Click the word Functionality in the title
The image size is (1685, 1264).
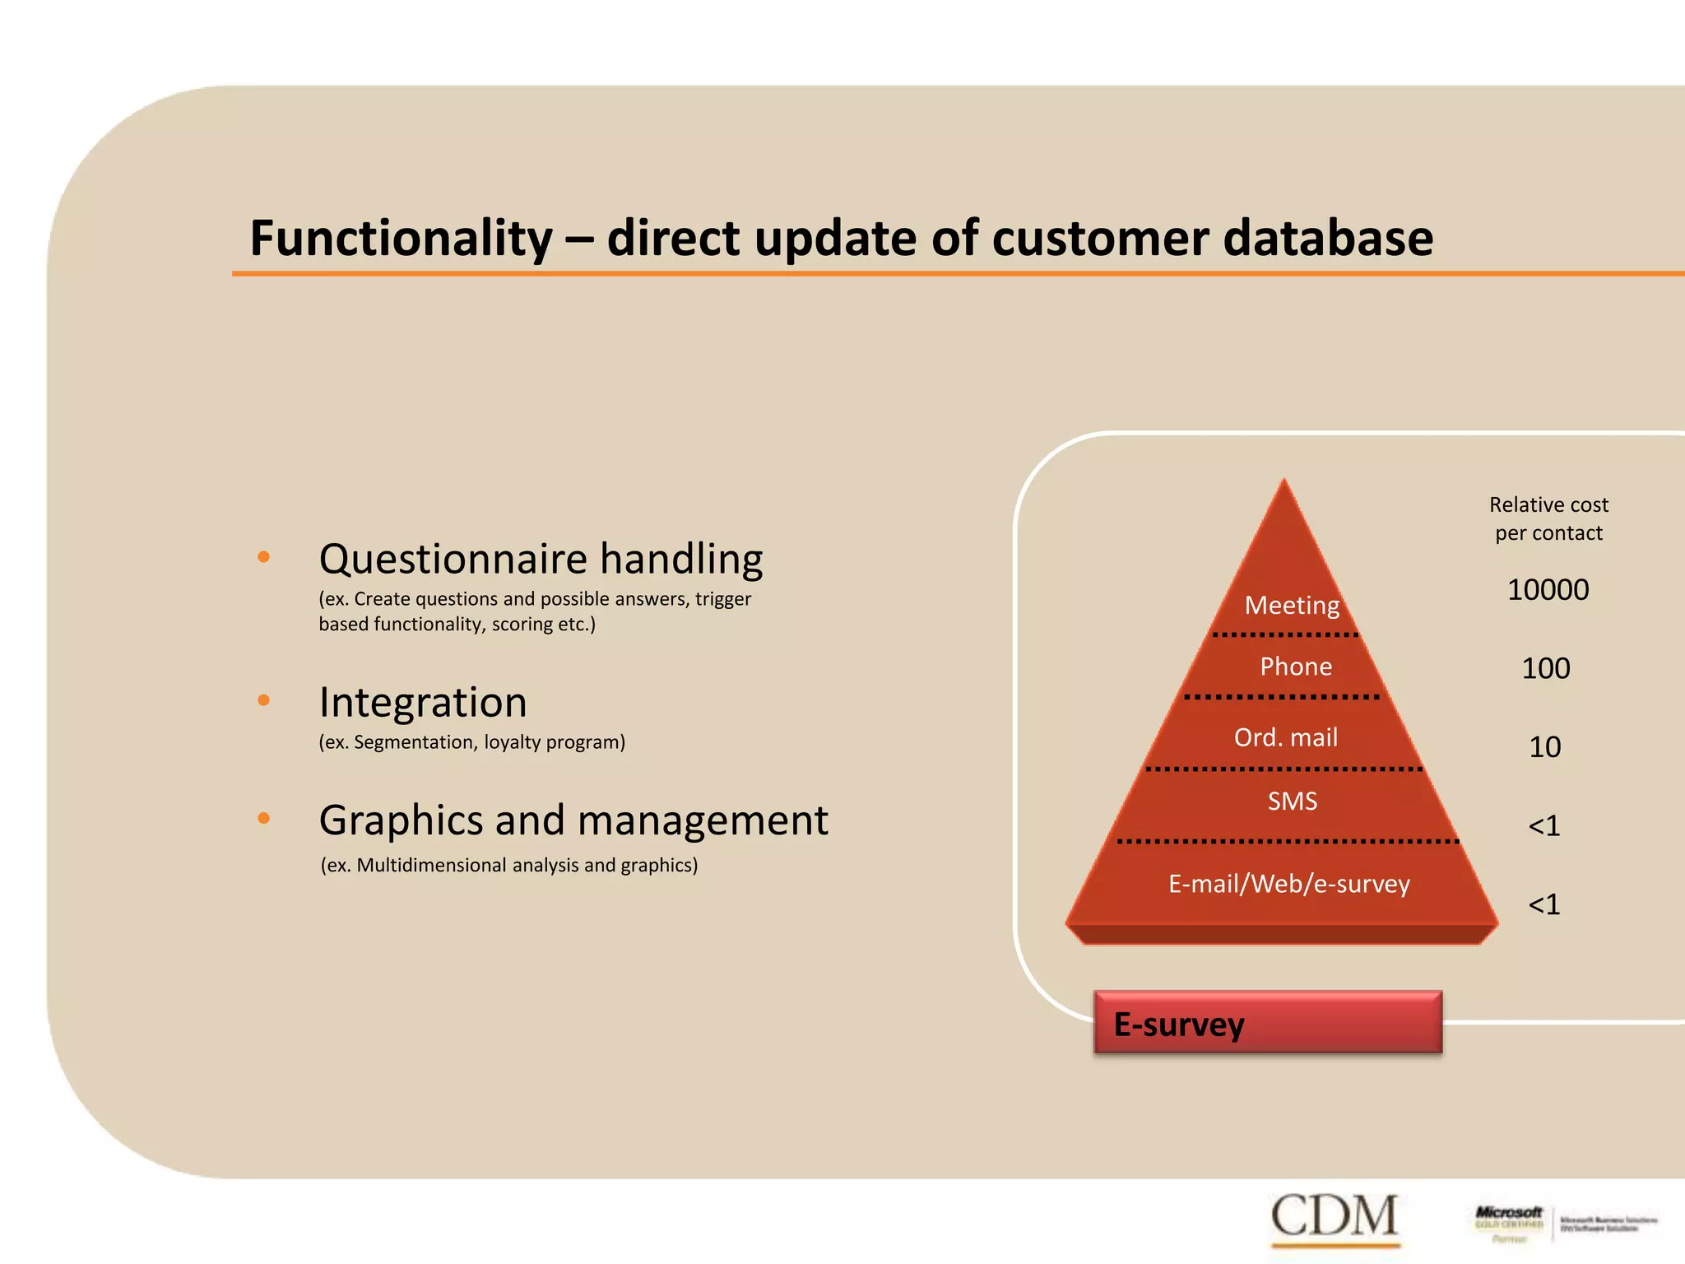point(401,239)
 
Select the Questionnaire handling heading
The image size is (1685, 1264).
point(541,559)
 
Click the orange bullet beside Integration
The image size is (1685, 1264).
point(263,700)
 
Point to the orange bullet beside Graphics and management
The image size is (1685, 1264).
point(263,818)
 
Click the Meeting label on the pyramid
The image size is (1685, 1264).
point(1292,606)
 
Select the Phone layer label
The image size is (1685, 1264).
point(1296,667)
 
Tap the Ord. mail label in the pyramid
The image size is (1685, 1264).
point(1285,737)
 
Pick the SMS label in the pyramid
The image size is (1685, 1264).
point(1292,801)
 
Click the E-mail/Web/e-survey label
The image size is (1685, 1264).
point(1288,884)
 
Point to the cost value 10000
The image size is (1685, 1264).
point(1548,590)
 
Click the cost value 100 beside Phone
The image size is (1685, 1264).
point(1545,668)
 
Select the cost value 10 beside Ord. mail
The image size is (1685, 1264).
point(1544,747)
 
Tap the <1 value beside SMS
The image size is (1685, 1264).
point(1543,825)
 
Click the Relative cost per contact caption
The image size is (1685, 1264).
point(1548,518)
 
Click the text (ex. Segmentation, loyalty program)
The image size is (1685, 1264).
point(471,742)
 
